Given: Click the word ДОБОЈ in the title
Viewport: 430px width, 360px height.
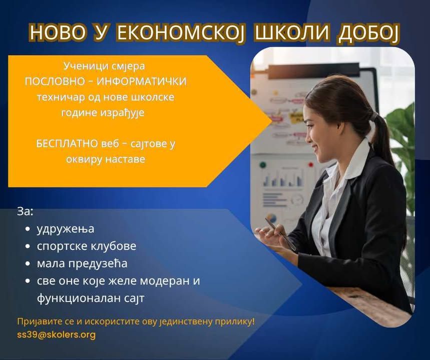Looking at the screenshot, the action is (x=368, y=33).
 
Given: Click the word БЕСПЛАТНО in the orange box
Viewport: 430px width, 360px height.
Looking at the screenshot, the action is (x=67, y=143).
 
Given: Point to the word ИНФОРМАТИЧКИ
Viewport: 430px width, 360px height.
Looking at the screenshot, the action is (x=142, y=81).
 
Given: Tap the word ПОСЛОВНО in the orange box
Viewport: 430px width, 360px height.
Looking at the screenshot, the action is (x=55, y=81).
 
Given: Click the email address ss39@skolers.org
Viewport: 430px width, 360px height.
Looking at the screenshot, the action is (x=56, y=334).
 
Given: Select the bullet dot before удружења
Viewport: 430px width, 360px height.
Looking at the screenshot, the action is (x=27, y=229).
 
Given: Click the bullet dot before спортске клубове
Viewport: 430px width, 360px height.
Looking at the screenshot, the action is (x=27, y=246).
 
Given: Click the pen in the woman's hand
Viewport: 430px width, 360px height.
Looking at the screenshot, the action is (x=280, y=233).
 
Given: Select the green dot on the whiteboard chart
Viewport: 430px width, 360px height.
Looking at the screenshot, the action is (x=263, y=165).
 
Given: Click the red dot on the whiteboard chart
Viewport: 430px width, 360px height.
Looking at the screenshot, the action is (x=311, y=164).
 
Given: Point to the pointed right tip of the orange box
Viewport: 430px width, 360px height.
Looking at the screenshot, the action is (x=271, y=121).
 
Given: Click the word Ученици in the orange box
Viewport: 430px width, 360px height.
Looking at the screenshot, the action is (x=80, y=66).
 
